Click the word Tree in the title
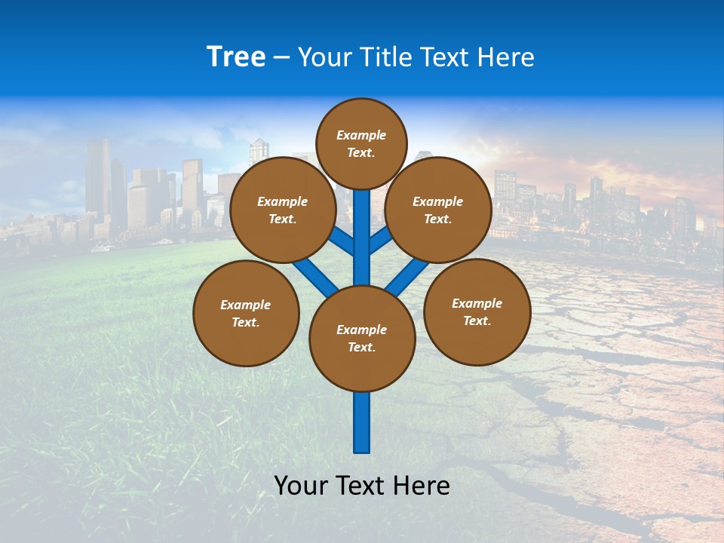(236, 57)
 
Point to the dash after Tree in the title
(281, 58)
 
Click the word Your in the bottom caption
(302, 486)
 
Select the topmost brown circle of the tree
(361, 143)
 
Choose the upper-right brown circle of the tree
(438, 210)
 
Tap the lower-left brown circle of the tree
(246, 313)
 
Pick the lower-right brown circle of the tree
(477, 311)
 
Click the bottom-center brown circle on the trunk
(362, 338)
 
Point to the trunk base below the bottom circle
(362, 422)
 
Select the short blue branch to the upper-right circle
(381, 241)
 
